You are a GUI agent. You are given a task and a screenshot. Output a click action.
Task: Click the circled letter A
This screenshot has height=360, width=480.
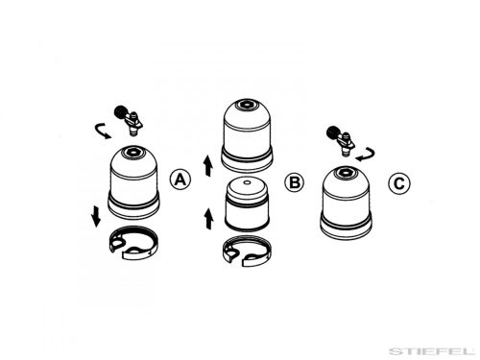(180, 180)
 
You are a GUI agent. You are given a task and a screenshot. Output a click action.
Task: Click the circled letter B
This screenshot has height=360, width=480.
(295, 182)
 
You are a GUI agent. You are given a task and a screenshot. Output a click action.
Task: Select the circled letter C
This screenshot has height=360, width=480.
(399, 183)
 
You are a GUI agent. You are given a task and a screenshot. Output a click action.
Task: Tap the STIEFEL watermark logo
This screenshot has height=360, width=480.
(431, 351)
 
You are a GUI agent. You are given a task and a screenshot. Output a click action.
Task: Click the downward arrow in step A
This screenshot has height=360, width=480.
(96, 217)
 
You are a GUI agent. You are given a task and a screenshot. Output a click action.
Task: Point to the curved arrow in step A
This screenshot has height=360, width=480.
(102, 131)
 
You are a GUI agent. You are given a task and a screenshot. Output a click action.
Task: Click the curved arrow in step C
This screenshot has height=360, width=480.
(366, 155)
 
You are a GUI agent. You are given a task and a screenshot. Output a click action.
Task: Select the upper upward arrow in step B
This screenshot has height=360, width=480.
(208, 165)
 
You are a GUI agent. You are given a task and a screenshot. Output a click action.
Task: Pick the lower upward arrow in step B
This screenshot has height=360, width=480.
(208, 219)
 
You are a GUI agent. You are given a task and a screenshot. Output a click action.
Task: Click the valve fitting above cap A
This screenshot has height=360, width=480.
(129, 120)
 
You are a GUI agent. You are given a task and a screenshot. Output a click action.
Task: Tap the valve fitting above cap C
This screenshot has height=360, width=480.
(341, 139)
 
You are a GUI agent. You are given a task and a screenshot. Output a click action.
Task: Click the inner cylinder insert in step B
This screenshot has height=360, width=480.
(247, 204)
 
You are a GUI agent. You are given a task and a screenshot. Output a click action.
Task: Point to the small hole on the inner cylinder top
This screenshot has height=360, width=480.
(247, 182)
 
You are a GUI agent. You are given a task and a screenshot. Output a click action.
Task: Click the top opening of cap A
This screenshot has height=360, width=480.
(132, 152)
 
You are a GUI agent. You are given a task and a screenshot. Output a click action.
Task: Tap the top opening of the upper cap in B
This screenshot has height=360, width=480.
(246, 105)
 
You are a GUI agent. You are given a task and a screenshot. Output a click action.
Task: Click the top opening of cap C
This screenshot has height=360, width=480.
(345, 172)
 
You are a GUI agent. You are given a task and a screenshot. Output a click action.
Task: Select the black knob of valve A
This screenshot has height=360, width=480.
(120, 112)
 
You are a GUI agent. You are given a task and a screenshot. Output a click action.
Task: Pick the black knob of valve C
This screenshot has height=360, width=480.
(333, 132)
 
